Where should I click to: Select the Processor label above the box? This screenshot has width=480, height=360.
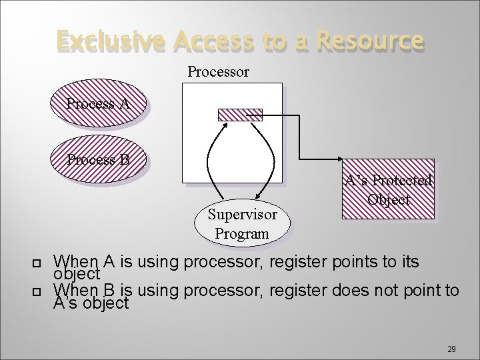click(218, 71)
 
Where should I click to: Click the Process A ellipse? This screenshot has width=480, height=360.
click(97, 105)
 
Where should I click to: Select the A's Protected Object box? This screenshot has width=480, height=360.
click(387, 189)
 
